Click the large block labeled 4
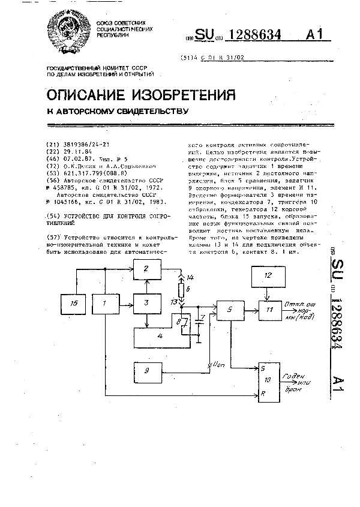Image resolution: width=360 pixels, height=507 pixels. tap(159, 337)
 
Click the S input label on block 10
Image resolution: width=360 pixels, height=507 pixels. tap(262, 368)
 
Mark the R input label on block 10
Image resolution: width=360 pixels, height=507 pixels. tap(262, 395)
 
